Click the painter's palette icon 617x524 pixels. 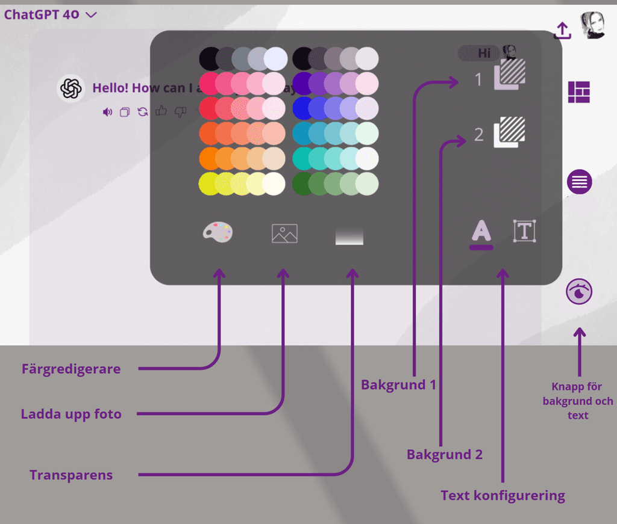pos(218,232)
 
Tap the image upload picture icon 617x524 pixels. pos(284,233)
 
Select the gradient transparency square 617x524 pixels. pos(349,236)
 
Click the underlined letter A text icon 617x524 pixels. pos(481,233)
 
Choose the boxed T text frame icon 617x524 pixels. pos(524,231)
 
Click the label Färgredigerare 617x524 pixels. pos(71,369)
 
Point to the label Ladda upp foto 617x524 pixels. pos(71,414)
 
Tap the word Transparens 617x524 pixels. pos(71,475)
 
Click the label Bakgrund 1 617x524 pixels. pos(398,384)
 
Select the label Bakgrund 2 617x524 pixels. pos(445,454)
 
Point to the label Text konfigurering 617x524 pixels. pos(503,496)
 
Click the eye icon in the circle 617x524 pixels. pos(579,292)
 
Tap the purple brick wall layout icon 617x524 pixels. pos(579,92)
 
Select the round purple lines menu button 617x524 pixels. pos(579,182)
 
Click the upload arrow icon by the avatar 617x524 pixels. pos(562,31)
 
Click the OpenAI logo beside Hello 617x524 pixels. pos(70,88)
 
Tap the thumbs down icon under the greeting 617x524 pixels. pos(180,111)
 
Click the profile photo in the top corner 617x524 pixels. pos(592,26)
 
